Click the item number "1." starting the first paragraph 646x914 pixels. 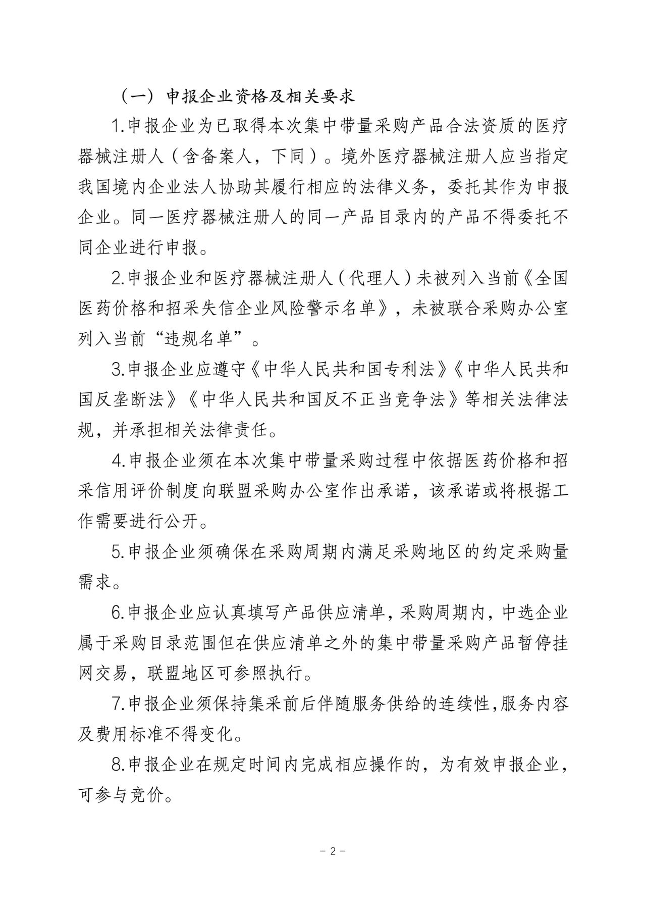tap(119, 127)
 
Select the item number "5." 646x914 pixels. tap(119, 552)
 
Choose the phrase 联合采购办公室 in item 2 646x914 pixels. tap(501, 309)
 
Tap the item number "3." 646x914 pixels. tap(119, 370)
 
